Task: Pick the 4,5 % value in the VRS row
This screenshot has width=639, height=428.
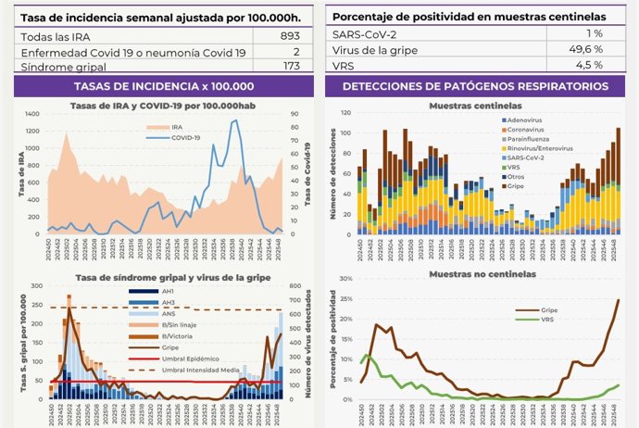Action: (589, 66)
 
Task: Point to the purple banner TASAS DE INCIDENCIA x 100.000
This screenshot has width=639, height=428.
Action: (160, 86)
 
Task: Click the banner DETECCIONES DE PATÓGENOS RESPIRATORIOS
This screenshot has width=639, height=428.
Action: (475, 86)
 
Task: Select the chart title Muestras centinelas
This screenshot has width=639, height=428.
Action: (475, 106)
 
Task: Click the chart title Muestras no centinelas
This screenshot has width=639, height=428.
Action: (475, 275)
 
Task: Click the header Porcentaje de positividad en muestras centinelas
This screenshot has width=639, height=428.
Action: (470, 16)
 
